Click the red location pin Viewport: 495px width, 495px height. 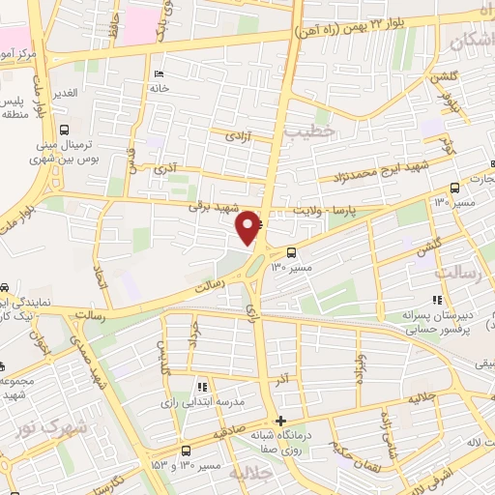[249, 226]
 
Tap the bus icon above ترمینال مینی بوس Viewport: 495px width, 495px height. [65, 130]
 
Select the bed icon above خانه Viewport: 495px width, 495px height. [160, 74]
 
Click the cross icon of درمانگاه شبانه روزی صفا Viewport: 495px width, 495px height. [280, 421]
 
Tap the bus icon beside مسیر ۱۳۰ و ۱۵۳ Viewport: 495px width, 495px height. [186, 451]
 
